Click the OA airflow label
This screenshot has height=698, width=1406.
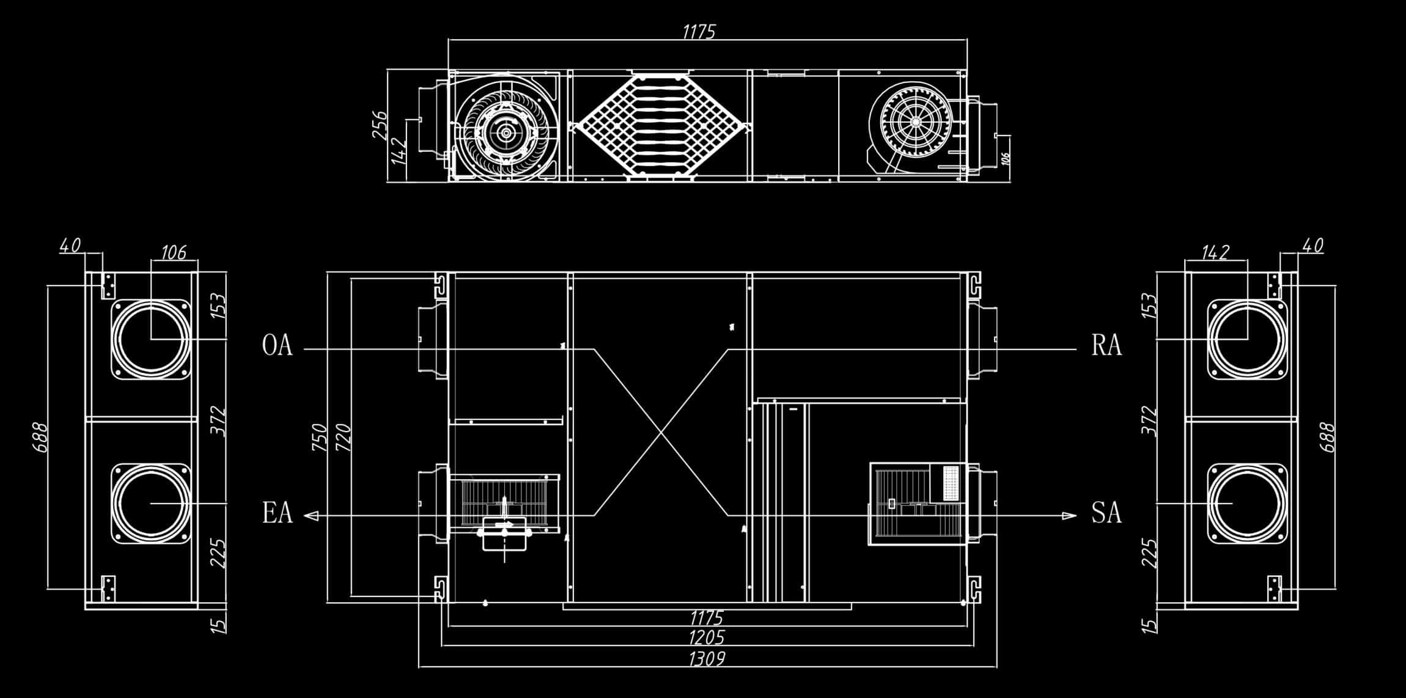click(277, 345)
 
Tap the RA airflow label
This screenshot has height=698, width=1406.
click(1106, 345)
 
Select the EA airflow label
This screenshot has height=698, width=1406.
click(277, 512)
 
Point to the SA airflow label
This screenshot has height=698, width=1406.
click(1106, 512)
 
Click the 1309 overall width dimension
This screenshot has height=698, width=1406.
click(707, 659)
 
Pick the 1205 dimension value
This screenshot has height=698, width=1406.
click(707, 637)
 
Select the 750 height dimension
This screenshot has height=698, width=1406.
click(320, 437)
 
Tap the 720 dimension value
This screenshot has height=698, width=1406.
click(343, 437)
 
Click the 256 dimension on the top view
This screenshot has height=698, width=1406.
click(379, 125)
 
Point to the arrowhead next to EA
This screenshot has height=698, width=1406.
click(311, 516)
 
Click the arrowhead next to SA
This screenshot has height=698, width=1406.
click(1069, 516)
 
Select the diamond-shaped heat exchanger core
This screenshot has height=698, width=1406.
click(660, 125)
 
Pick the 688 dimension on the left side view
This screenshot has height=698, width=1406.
click(41, 437)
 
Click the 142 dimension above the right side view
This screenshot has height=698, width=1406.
click(1215, 252)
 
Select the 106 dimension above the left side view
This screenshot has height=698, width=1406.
click(173, 252)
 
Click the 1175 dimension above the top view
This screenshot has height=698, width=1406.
click(698, 31)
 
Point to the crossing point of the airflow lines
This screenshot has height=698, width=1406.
click(661, 433)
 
